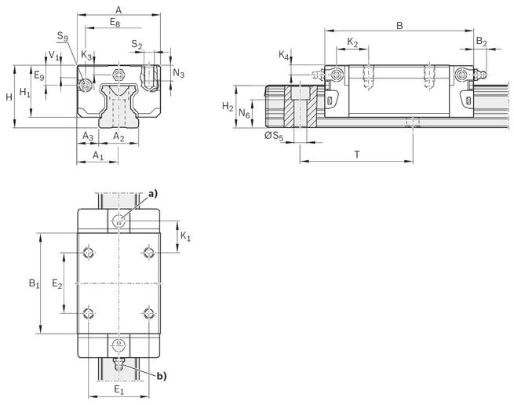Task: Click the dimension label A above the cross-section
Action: pyautogui.click(x=118, y=10)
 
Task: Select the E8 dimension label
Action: pyautogui.click(x=115, y=23)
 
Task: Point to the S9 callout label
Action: pyautogui.click(x=63, y=36)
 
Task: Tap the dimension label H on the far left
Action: pyautogui.click(x=9, y=97)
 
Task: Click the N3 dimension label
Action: pyautogui.click(x=179, y=74)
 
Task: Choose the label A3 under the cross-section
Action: pyautogui.click(x=88, y=136)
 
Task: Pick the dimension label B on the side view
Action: pyautogui.click(x=399, y=26)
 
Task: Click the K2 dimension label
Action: pyautogui.click(x=352, y=42)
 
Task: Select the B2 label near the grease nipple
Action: pyautogui.click(x=482, y=42)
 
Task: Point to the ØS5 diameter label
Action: pyautogui.click(x=274, y=136)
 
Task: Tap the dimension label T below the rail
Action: pyautogui.click(x=357, y=154)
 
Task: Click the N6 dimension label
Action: pyautogui.click(x=244, y=114)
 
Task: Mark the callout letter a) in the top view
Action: pyautogui.click(x=153, y=194)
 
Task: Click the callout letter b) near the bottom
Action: pyautogui.click(x=162, y=377)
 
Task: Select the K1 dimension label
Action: pyautogui.click(x=185, y=236)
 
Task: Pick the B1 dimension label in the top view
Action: pyautogui.click(x=34, y=283)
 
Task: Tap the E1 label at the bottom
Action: pyautogui.click(x=119, y=390)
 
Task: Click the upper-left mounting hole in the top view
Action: pyautogui.click(x=89, y=253)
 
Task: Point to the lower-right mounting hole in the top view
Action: pyautogui.click(x=149, y=313)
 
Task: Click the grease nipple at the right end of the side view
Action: pyautogui.click(x=480, y=74)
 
